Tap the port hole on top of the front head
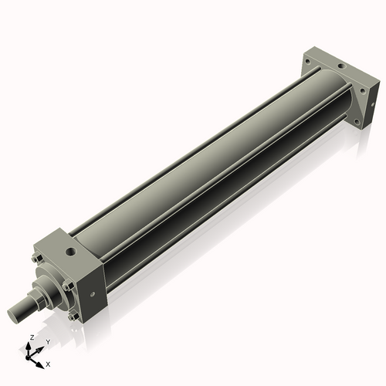coord(70,252)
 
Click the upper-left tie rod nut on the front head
coord(36,259)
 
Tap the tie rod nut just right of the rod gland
coord(68,287)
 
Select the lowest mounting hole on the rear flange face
coord(356,120)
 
